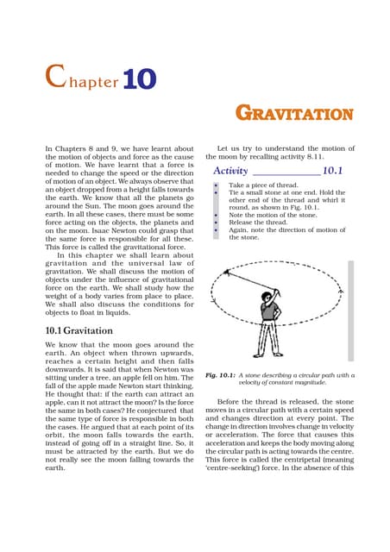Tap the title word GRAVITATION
point(294,114)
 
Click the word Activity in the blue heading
point(236,171)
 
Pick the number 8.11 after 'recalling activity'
point(327,159)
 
